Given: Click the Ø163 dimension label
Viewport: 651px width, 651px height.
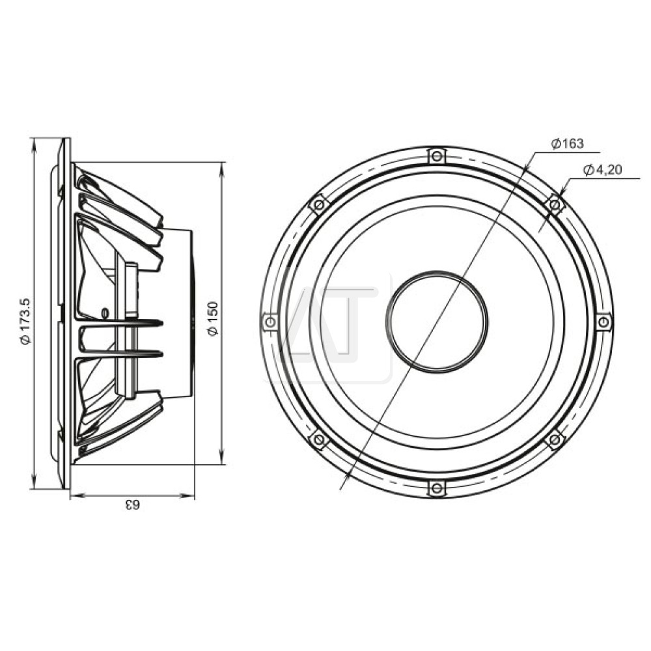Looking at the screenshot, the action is pyautogui.click(x=567, y=144).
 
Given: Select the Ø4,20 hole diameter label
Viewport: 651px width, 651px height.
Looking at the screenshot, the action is pyautogui.click(x=602, y=170).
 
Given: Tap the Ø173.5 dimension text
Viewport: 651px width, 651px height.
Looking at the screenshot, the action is pyautogui.click(x=25, y=321).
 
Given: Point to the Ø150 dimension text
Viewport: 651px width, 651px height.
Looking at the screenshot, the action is pyautogui.click(x=213, y=319).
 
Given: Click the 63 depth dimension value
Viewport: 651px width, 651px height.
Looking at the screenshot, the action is pyautogui.click(x=133, y=505).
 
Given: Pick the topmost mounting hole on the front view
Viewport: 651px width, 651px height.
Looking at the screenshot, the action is pyautogui.click(x=436, y=156).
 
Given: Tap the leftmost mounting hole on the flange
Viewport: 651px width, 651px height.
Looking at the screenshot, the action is pyautogui.click(x=270, y=322).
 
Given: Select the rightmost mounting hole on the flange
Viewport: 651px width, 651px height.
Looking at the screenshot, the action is pyautogui.click(x=603, y=322).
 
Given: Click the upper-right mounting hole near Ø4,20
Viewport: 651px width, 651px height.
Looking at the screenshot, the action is pyautogui.click(x=555, y=204).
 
